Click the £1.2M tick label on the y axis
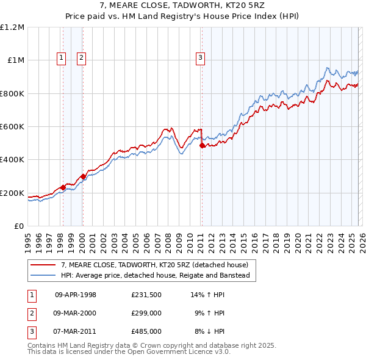pyautogui.click(x=12, y=27)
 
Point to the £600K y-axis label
pyautogui.click(x=12, y=127)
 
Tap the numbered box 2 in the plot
pyautogui.click(x=81, y=58)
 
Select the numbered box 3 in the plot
pyautogui.click(x=201, y=58)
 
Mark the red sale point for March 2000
pyautogui.click(x=83, y=176)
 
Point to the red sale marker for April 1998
pyautogui.click(x=63, y=187)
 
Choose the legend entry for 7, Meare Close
pyautogui.click(x=154, y=265)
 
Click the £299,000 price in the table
pyautogui.click(x=146, y=313)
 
